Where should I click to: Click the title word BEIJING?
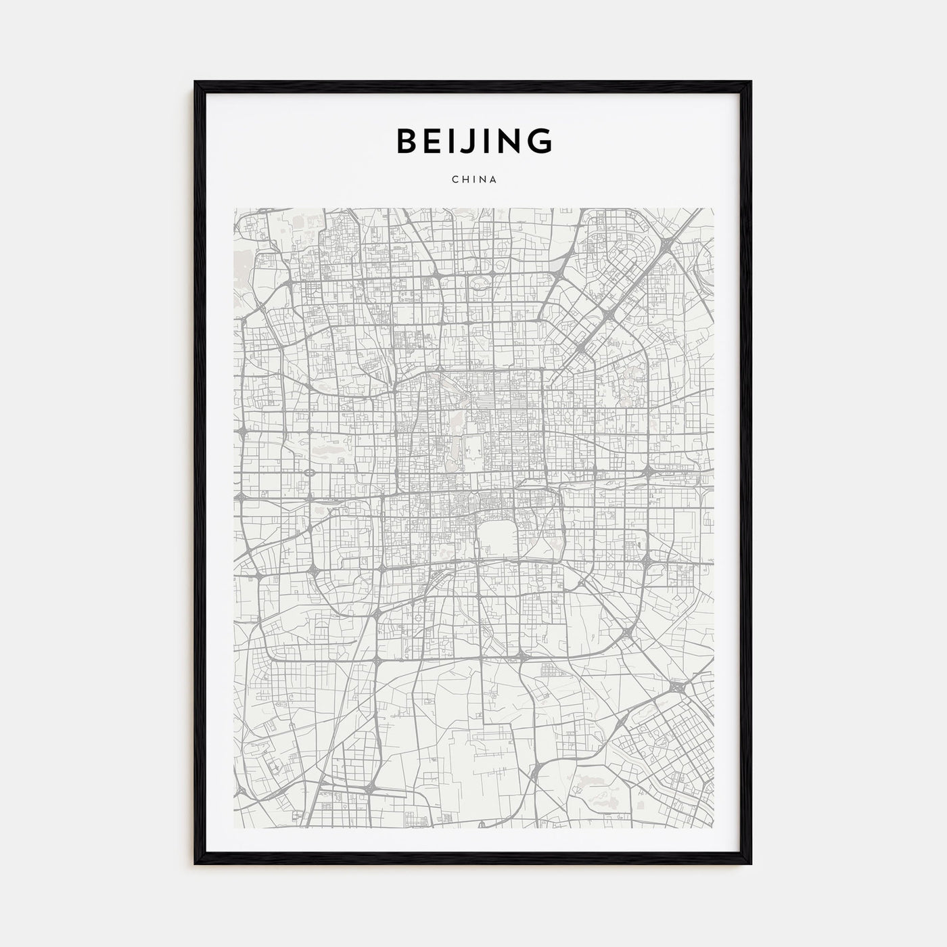pyautogui.click(x=473, y=141)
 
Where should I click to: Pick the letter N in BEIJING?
pyautogui.click(x=509, y=141)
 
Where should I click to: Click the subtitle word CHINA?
pyautogui.click(x=473, y=180)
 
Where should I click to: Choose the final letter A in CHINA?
pyautogui.click(x=494, y=180)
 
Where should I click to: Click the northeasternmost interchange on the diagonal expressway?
pyautogui.click(x=666, y=250)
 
